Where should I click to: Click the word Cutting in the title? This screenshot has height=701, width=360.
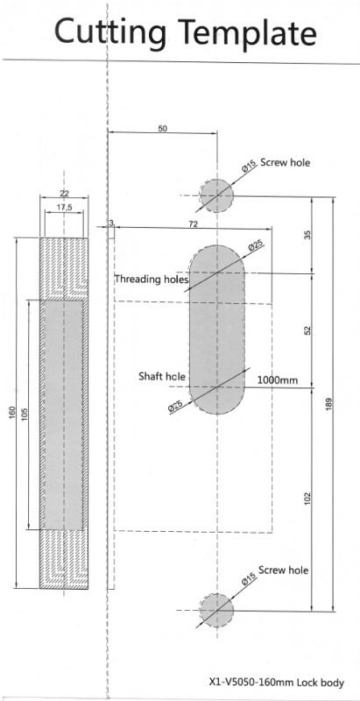(x=110, y=32)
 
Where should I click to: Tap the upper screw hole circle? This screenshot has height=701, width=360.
(x=216, y=195)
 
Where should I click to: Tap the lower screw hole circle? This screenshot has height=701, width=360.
(x=216, y=610)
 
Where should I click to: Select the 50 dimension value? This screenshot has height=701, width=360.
(x=163, y=128)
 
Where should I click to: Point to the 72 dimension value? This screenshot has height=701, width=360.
(x=193, y=224)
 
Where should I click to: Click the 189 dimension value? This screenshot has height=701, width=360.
(x=329, y=404)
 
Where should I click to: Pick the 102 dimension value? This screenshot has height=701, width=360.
(x=307, y=499)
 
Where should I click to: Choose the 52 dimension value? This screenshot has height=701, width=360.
(x=307, y=330)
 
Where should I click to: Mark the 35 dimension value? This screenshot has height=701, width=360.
(x=307, y=235)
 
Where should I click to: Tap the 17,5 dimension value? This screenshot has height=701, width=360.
(x=64, y=207)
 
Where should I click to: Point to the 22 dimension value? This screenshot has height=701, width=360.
(x=64, y=193)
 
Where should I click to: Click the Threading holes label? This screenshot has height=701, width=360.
(x=152, y=279)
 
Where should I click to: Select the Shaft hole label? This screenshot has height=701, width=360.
(x=162, y=377)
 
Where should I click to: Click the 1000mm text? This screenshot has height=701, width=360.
(x=278, y=380)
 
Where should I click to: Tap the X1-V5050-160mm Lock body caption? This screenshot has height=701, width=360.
(x=277, y=683)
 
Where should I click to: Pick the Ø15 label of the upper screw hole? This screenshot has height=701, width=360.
(x=249, y=167)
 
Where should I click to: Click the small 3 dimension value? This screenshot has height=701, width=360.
(x=110, y=223)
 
